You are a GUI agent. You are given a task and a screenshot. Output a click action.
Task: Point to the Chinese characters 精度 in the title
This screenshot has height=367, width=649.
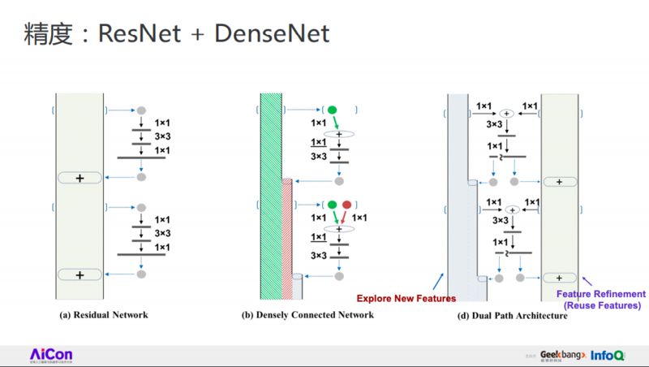coord(45,34)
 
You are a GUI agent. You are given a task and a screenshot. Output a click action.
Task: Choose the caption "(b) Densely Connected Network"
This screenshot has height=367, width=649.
coord(308,314)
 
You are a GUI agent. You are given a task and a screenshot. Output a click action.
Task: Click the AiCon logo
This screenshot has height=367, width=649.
coord(51,355)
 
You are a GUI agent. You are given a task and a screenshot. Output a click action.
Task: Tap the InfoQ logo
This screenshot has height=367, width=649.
coord(608,355)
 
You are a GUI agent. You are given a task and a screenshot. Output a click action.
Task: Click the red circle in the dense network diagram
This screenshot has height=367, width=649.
coord(347,205)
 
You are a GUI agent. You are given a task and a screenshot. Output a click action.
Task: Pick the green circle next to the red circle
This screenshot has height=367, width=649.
coord(330,205)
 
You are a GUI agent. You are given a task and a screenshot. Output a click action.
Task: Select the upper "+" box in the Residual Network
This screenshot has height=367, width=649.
coord(80,177)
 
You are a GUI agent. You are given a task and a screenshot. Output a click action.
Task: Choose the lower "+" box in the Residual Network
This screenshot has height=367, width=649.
coord(80,275)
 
